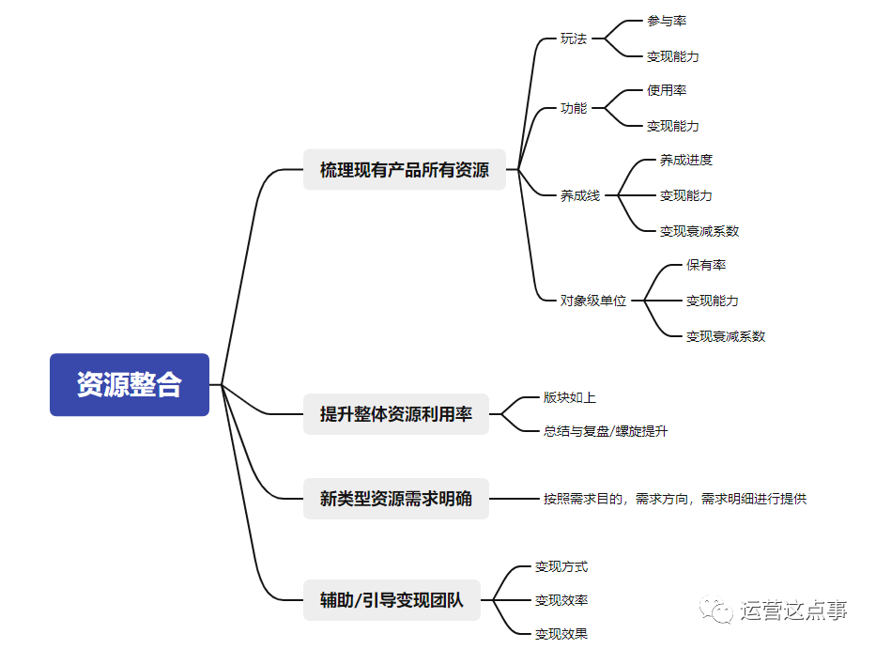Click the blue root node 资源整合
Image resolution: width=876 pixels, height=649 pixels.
coord(130,384)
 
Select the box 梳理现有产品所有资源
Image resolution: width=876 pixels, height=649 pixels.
coord(404,170)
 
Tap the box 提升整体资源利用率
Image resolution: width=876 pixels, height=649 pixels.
coord(395,414)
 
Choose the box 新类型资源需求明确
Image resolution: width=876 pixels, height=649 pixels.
coord(395,499)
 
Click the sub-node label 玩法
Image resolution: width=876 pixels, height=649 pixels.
coord(574,39)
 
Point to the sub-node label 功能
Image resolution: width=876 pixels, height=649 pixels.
coord(574,108)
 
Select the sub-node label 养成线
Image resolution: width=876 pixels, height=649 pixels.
coord(580,195)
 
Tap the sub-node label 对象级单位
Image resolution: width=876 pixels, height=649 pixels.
coord(593,301)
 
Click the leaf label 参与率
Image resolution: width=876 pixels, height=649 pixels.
coord(667,21)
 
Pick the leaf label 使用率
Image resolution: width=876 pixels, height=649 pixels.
coord(667,90)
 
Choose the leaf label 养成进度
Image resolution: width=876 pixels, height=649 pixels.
coord(686,160)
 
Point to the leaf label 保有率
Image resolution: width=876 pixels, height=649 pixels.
coord(706,265)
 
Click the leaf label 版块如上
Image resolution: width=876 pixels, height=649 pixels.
coord(570,397)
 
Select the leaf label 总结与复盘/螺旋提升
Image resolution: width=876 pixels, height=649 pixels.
coord(606,431)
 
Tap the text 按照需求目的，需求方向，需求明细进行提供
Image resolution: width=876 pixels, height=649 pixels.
coord(675,499)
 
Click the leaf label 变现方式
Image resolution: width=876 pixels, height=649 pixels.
coord(561,566)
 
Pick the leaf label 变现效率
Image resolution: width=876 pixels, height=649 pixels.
coord(561,600)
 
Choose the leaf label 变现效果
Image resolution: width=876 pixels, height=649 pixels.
coord(561,634)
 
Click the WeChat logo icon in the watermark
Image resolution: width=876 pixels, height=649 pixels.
coord(720,610)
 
